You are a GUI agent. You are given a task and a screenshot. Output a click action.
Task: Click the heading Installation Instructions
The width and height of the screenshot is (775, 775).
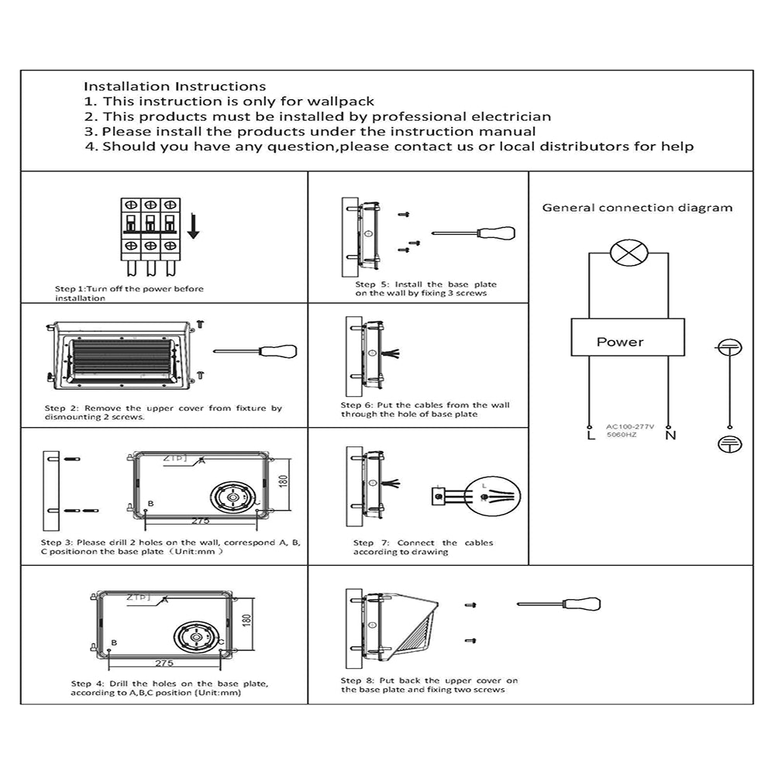(x=175, y=87)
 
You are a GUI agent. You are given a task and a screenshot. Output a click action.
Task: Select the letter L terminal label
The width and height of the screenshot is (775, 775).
(x=591, y=436)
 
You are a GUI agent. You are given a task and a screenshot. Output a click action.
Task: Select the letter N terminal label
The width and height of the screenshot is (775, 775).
(x=671, y=436)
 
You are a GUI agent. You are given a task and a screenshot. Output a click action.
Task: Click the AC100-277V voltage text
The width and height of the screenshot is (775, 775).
(x=629, y=427)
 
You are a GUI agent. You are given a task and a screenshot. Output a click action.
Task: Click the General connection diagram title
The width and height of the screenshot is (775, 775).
(x=636, y=208)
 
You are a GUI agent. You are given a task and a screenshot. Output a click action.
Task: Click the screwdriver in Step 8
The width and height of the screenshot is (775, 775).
(x=560, y=604)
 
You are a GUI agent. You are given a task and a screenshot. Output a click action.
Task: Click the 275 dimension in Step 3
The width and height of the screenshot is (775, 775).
(x=201, y=521)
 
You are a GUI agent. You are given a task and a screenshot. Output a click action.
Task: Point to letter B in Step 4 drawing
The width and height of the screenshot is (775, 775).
(x=114, y=643)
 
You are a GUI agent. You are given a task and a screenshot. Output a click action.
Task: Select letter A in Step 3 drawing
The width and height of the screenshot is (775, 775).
(x=201, y=460)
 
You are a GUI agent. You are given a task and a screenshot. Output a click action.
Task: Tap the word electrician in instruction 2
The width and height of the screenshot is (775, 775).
(x=511, y=117)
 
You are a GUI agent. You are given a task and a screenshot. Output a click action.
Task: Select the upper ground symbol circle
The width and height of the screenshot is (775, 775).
(x=729, y=349)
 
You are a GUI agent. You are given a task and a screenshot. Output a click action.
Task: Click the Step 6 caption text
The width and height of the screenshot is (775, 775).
(x=425, y=409)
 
